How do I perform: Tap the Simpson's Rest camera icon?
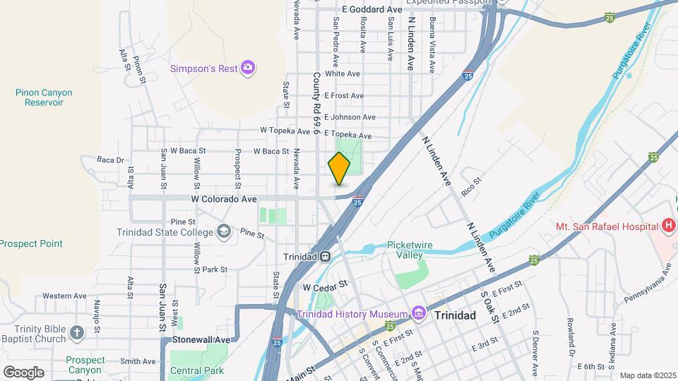click(x=247, y=68)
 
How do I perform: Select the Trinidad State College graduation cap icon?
click(x=224, y=231)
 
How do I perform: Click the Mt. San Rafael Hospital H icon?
click(x=668, y=226)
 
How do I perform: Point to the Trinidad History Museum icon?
click(x=418, y=313)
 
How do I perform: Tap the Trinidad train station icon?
click(x=326, y=257)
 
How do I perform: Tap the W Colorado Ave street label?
click(x=224, y=200)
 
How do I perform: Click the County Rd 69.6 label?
click(x=316, y=103)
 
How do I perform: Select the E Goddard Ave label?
click(x=371, y=9)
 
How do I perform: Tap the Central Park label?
click(x=197, y=370)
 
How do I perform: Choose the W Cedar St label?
click(x=326, y=286)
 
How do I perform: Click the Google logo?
click(x=23, y=372)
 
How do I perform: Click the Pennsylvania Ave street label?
click(x=647, y=283)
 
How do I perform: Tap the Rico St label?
click(x=471, y=186)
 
